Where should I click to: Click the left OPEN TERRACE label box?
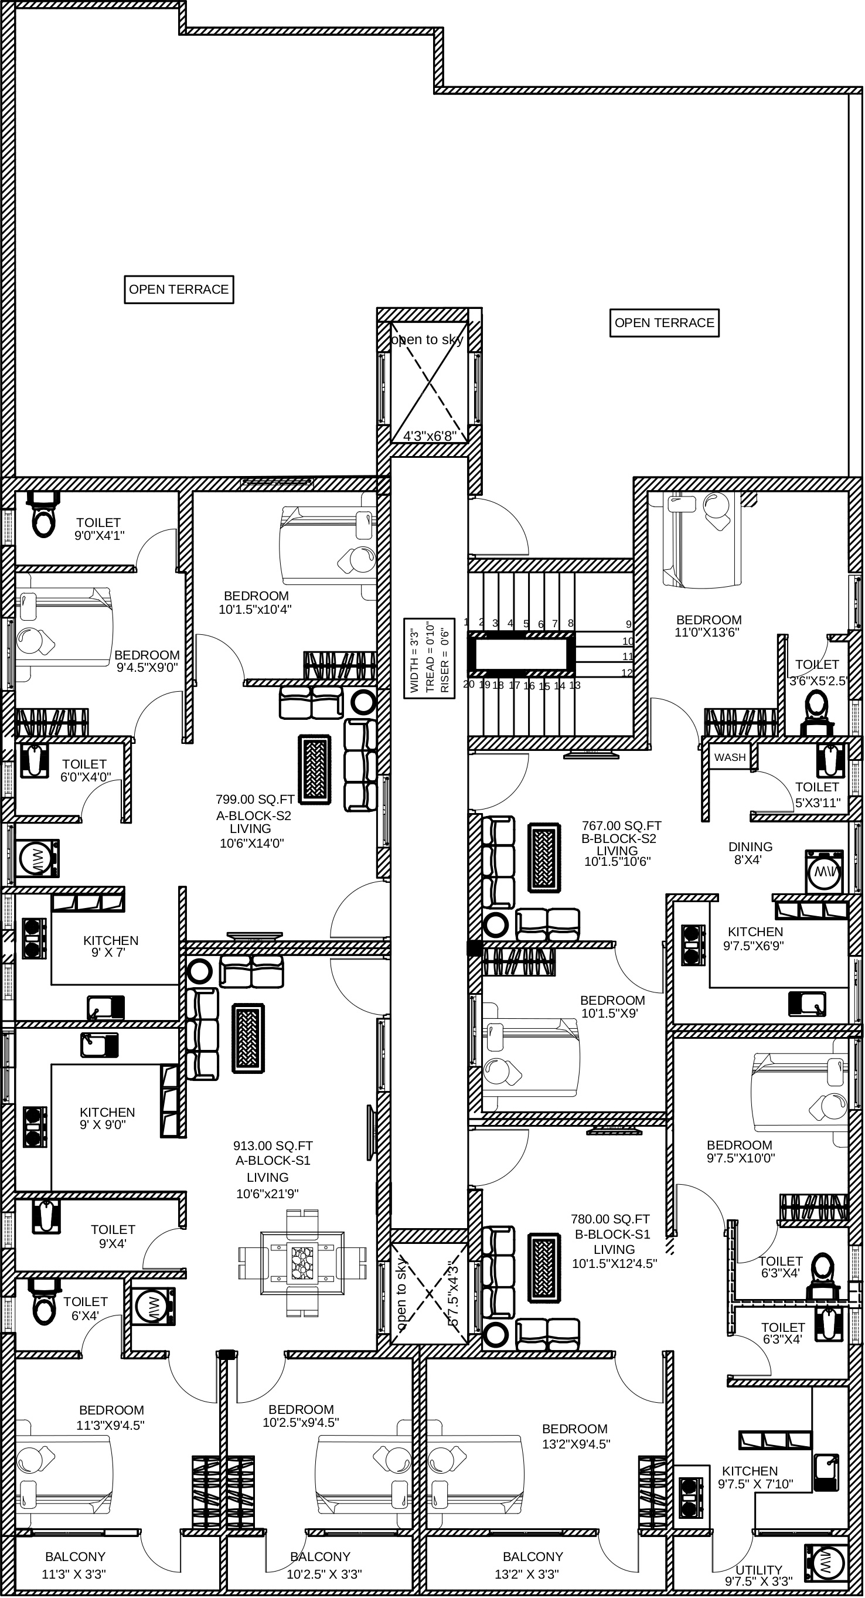(179, 290)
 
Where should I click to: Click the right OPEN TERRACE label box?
(664, 323)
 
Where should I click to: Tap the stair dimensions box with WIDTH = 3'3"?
(429, 658)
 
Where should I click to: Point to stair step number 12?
(627, 672)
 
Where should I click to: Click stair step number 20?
(469, 684)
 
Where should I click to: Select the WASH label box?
(730, 757)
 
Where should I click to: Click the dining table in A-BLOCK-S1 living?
(302, 1262)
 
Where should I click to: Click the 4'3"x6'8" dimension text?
(430, 436)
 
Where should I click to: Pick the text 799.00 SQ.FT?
(255, 800)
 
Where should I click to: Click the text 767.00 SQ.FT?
(621, 826)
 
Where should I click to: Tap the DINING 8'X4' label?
(750, 853)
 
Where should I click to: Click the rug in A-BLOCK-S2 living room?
(315, 770)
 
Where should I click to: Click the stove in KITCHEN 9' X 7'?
(35, 938)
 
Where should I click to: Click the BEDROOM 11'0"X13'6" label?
(708, 626)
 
